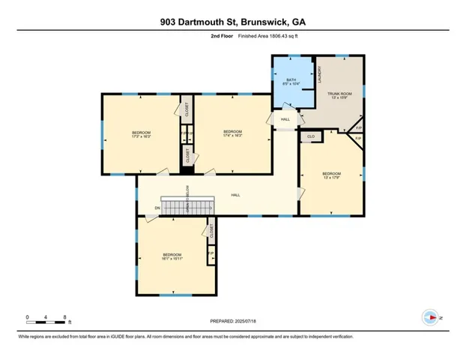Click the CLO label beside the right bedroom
[x=311, y=136]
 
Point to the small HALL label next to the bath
[x=285, y=119]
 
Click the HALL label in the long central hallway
[x=235, y=195]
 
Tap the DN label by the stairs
[x=157, y=208]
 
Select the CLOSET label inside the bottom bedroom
[x=212, y=232]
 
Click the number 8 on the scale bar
[x=66, y=317]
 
